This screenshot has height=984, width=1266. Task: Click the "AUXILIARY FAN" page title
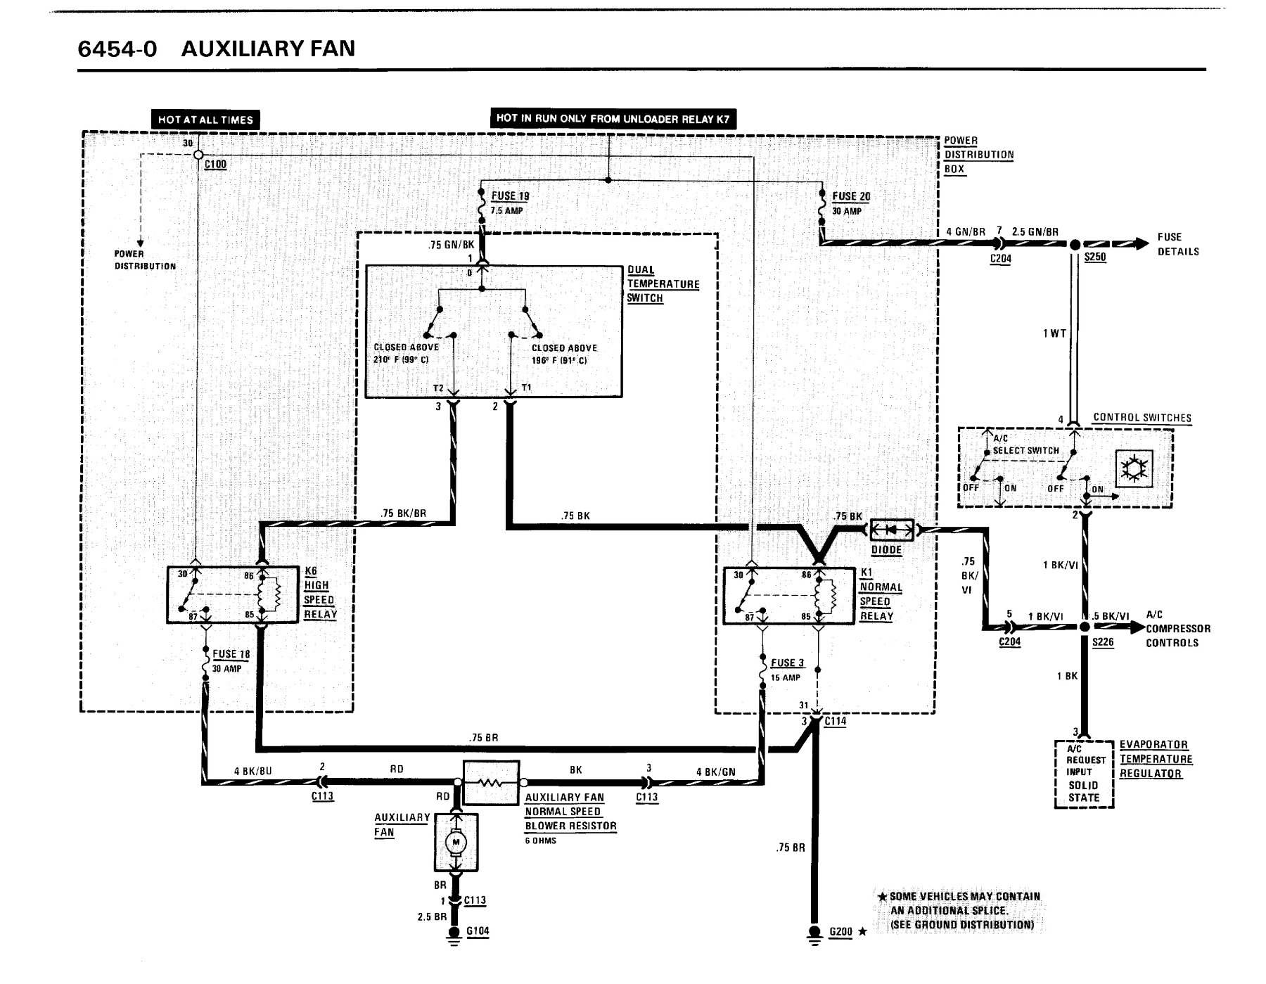tap(268, 49)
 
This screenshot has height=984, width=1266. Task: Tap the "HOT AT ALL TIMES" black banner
tap(205, 120)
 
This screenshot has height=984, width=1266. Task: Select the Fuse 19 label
tap(510, 196)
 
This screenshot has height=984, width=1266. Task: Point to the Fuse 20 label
tap(851, 196)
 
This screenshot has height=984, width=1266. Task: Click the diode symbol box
tap(892, 530)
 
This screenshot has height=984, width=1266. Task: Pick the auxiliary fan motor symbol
tap(456, 842)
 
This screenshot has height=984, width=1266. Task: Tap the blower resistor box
tap(492, 782)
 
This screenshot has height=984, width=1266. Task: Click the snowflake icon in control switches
tap(1134, 468)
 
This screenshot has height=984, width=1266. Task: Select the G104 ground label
tap(478, 931)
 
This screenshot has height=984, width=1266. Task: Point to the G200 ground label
tap(840, 932)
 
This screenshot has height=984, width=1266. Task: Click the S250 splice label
tap(1095, 257)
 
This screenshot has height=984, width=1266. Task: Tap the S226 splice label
tap(1103, 642)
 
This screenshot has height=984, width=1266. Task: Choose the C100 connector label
tap(215, 165)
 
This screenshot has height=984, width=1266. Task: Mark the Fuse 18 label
tap(231, 654)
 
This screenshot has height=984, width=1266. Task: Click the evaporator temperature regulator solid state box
tap(1084, 774)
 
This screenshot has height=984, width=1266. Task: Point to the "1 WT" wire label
tap(1054, 333)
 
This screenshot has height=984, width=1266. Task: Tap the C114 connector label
tap(836, 721)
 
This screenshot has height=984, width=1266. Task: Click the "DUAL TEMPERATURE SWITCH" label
tap(663, 284)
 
